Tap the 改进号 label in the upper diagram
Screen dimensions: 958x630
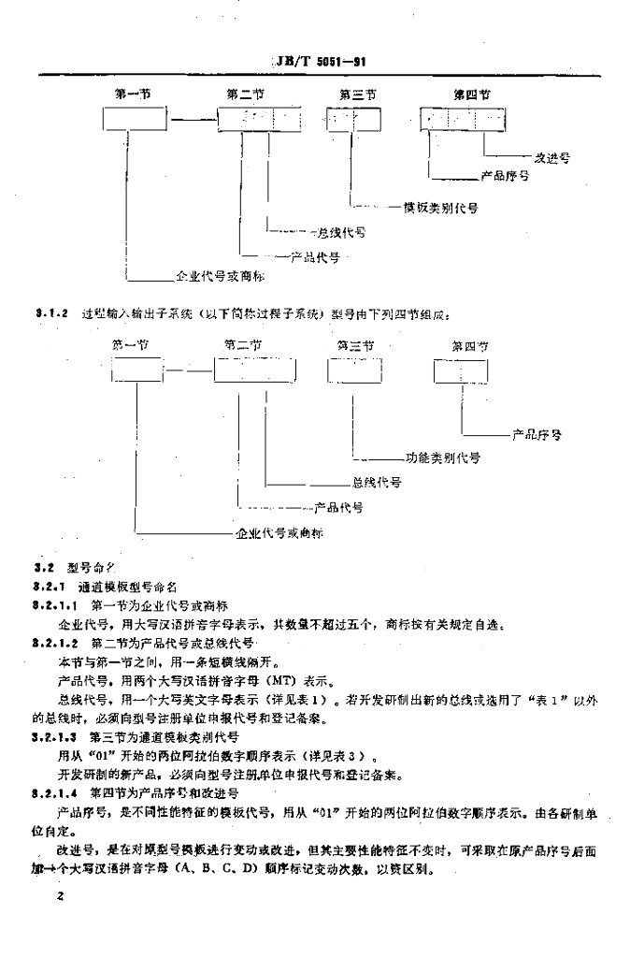click(x=551, y=159)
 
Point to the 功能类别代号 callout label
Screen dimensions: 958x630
click(x=443, y=459)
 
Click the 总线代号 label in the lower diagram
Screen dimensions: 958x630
click(x=377, y=483)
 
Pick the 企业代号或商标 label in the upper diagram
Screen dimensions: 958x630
click(x=221, y=276)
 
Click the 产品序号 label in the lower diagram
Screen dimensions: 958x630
click(x=537, y=435)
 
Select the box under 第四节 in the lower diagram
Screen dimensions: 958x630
click(x=460, y=371)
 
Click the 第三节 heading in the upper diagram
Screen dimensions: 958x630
click(x=357, y=94)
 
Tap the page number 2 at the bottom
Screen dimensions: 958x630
click(x=58, y=898)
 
